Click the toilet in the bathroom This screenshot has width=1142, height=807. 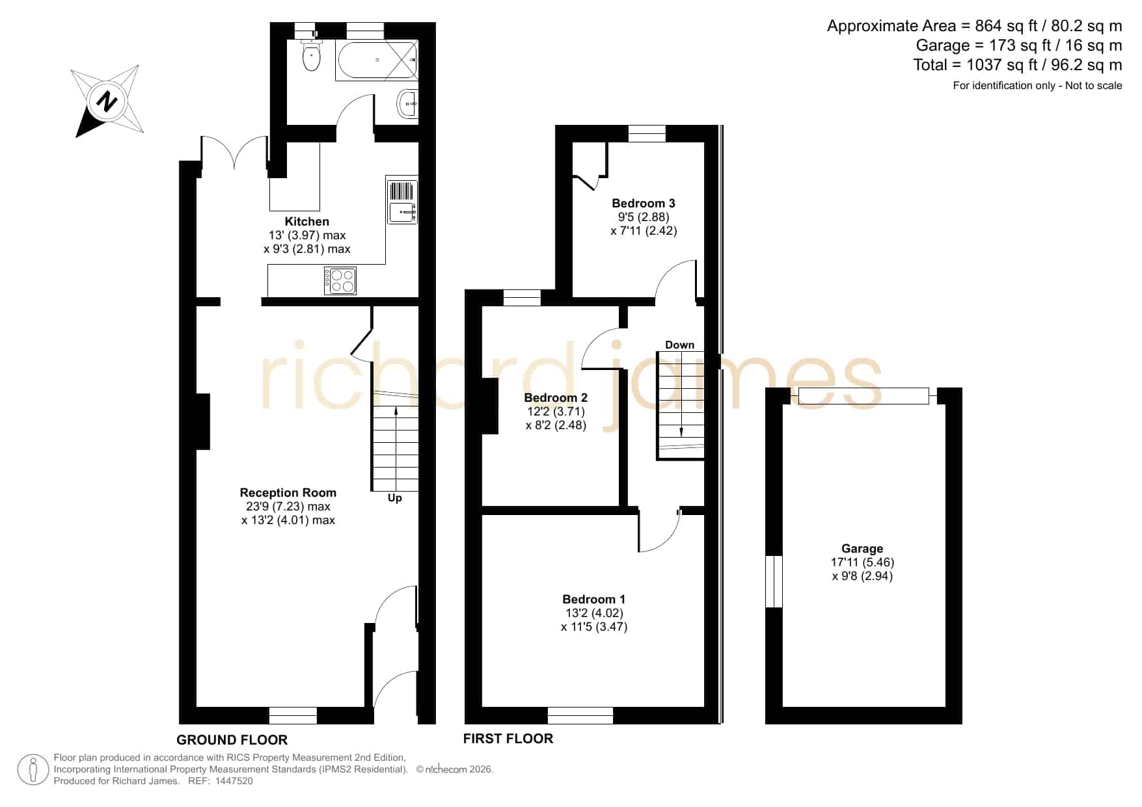[312, 55]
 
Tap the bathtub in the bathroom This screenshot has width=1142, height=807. [377, 60]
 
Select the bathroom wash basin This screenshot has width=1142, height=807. [408, 103]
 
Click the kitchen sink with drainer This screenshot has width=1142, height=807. [402, 200]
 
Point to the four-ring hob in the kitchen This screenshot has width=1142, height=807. [340, 281]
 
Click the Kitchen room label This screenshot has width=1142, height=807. [307, 222]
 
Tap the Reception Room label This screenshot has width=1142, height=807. [288, 493]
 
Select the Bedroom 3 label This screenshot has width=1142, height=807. [644, 204]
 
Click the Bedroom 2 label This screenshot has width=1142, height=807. [556, 398]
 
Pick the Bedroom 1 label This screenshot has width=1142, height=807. [594, 600]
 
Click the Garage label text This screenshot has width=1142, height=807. [862, 549]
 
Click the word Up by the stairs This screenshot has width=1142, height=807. [395, 498]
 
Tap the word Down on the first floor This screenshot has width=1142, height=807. [680, 345]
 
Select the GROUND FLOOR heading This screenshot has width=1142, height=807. [232, 740]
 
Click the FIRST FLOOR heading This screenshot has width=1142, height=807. [508, 739]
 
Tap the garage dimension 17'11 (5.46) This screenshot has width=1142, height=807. [863, 562]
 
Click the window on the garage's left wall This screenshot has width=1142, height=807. [774, 581]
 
